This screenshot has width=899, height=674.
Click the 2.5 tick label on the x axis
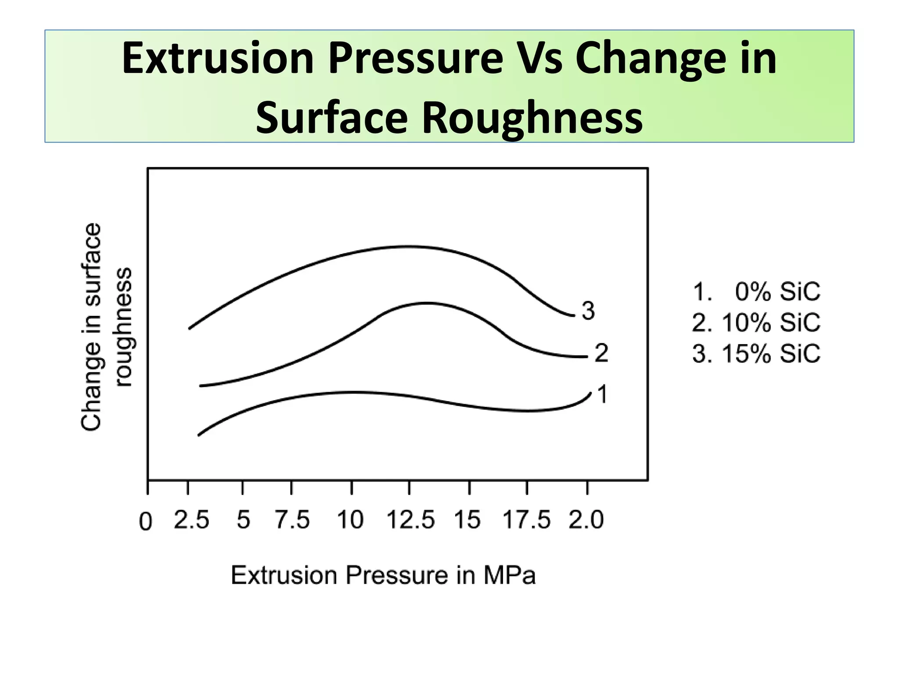point(191,520)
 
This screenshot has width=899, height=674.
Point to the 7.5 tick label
point(292,520)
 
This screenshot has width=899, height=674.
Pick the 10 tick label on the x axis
point(350,520)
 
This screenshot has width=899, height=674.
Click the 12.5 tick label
point(410,520)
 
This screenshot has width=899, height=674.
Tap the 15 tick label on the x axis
point(467,520)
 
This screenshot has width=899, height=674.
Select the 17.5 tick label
point(526,520)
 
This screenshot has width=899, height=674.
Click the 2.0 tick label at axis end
point(586,520)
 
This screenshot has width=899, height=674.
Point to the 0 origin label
point(145,522)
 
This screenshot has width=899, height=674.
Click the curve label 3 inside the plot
point(588,311)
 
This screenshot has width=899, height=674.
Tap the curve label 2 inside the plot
point(601,353)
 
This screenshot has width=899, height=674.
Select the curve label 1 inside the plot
point(603,394)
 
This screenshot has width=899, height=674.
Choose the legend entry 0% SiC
point(777,292)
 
